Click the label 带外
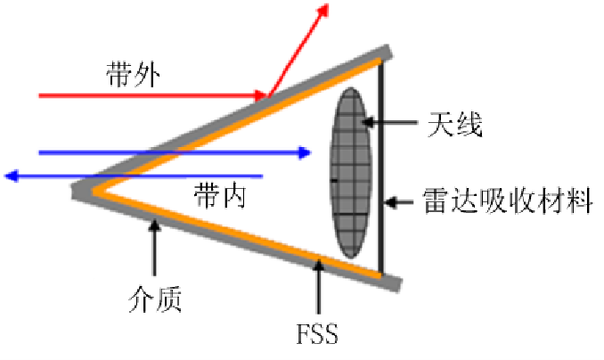pyautogui.click(x=133, y=74)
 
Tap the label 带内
pyautogui.click(x=220, y=195)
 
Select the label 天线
pyautogui.click(x=455, y=124)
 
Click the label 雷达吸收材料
pyautogui.click(x=508, y=200)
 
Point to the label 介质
pyautogui.click(x=155, y=299)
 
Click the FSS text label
pyautogui.click(x=317, y=334)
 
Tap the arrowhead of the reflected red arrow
pyautogui.click(x=322, y=10)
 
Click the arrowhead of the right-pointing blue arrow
pyautogui.click(x=305, y=153)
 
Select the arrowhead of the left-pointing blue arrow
pyautogui.click(x=12, y=176)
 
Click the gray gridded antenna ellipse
pyautogui.click(x=350, y=173)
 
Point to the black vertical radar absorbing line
pyautogui.click(x=381, y=167)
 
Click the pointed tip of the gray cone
pyautogui.click(x=74, y=190)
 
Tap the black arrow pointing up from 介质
pyautogui.click(x=154, y=247)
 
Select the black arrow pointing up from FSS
pyautogui.click(x=318, y=287)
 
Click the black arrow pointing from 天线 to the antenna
pyautogui.click(x=389, y=123)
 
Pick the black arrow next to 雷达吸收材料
pyautogui.click(x=399, y=202)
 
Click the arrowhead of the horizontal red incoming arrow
pyautogui.click(x=261, y=95)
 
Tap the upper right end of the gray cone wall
pyautogui.click(x=388, y=51)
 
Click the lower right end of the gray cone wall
pyautogui.click(x=396, y=284)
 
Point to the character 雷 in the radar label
pyautogui.click(x=436, y=200)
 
